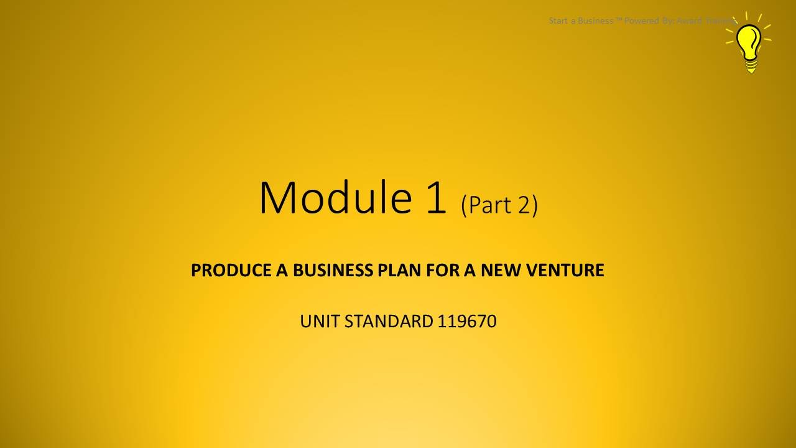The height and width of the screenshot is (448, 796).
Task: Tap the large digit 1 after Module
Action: tap(435, 197)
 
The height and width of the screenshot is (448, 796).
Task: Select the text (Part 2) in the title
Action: tap(499, 204)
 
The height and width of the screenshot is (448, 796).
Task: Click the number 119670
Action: tap(466, 322)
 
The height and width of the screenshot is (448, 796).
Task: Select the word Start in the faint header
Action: tap(558, 21)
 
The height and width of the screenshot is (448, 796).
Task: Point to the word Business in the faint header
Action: tap(595, 21)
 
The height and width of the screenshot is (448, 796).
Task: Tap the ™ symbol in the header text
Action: tap(619, 20)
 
